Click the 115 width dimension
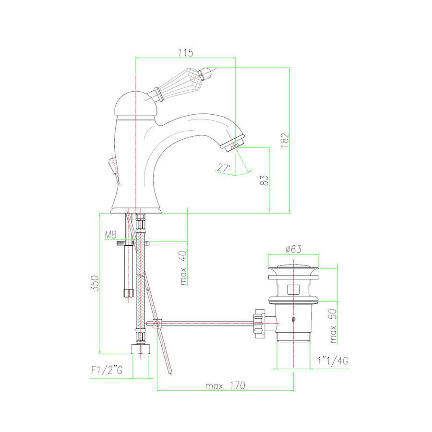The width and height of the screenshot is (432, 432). coord(186,51)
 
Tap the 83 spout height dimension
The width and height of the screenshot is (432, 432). coord(263,180)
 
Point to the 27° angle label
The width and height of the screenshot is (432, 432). coord(223,168)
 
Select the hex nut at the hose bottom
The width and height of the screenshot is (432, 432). coord(140,348)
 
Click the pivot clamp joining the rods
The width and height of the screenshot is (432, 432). coord(156,324)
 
